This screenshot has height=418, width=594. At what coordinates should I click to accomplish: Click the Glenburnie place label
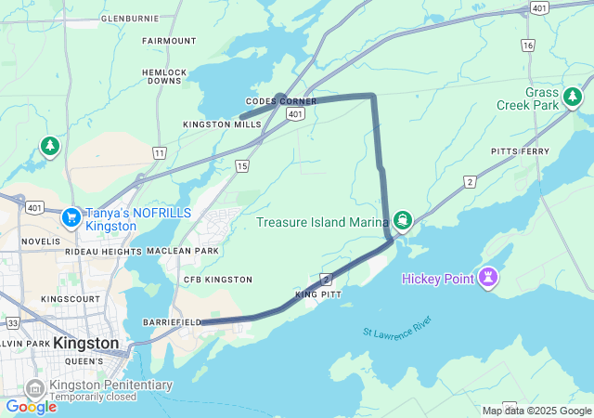[131, 18]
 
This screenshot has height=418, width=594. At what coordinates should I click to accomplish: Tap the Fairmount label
[169, 41]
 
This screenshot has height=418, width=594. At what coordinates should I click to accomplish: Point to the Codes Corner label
[281, 101]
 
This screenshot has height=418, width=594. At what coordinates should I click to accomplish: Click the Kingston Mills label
[222, 124]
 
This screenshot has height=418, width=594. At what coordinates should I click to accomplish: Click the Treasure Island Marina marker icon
[402, 220]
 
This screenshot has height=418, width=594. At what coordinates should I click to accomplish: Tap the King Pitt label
[318, 294]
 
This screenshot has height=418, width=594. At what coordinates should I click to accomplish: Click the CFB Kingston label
[217, 280]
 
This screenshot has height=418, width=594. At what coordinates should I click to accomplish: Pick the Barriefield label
[172, 321]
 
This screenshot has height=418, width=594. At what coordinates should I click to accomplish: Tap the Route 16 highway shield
[528, 45]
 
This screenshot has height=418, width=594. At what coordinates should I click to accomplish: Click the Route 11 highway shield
[160, 151]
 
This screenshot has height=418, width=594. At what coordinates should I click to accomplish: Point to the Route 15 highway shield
[241, 165]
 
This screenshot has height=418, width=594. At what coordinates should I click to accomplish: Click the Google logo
[31, 406]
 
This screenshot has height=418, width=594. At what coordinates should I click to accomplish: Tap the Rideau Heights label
[103, 252]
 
